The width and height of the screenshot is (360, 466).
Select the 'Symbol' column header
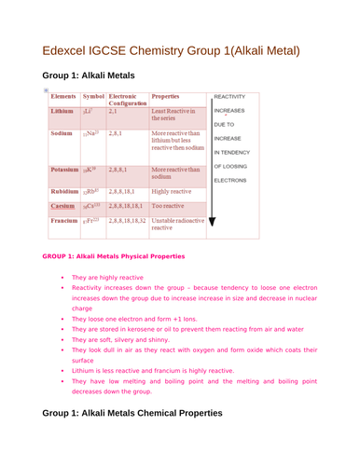[93, 96]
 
